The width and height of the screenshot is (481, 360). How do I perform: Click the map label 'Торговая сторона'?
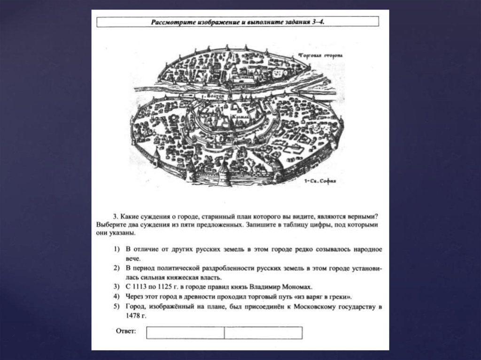point(321,54)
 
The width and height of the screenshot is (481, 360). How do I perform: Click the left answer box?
point(185,332)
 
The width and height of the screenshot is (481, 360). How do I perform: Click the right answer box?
point(263,332)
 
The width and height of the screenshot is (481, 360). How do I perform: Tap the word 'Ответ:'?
point(126,331)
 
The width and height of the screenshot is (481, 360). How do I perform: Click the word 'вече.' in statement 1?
point(133,258)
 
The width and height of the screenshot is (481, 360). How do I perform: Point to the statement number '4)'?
point(116,297)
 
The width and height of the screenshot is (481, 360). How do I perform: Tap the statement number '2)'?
point(116,268)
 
